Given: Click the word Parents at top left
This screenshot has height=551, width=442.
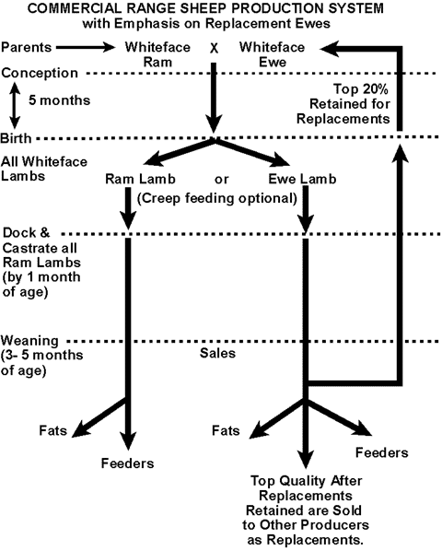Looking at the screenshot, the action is pos(27,47).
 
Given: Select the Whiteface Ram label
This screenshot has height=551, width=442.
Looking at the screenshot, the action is pos(157,54).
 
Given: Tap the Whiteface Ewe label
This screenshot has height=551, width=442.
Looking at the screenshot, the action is pos(272,54).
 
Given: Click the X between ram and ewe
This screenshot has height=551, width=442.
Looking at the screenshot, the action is pos(214,48).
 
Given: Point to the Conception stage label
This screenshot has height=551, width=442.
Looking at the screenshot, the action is pos(40,73).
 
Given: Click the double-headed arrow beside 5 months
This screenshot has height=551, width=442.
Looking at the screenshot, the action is pos(14,105).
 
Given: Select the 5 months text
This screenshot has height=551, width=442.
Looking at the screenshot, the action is pos(59,100).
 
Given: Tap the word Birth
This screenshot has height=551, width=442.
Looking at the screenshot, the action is pos(16,138).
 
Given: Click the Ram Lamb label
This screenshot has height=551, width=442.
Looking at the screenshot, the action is pos(140,180).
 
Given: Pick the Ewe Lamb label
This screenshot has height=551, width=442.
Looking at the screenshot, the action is pos(302,180).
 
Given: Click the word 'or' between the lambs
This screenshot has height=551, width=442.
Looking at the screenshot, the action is pos(222,180).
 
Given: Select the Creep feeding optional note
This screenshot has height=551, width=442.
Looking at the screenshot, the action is pos(217,198).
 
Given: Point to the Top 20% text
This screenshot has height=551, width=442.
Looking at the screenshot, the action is pos(361,88).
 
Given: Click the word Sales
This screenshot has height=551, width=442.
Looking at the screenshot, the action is pos(217,353).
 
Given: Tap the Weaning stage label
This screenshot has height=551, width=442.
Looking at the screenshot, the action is pos(29,341).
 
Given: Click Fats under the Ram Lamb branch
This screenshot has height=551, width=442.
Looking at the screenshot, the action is pos(53,430).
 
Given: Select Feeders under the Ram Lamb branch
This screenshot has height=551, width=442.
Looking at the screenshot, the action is pos(127,463).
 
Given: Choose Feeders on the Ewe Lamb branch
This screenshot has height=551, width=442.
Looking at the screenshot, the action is pos(382,452).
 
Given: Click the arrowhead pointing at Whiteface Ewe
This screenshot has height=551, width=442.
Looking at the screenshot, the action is pos(329,49).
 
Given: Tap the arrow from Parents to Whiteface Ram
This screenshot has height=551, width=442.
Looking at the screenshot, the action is pos(86,47).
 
